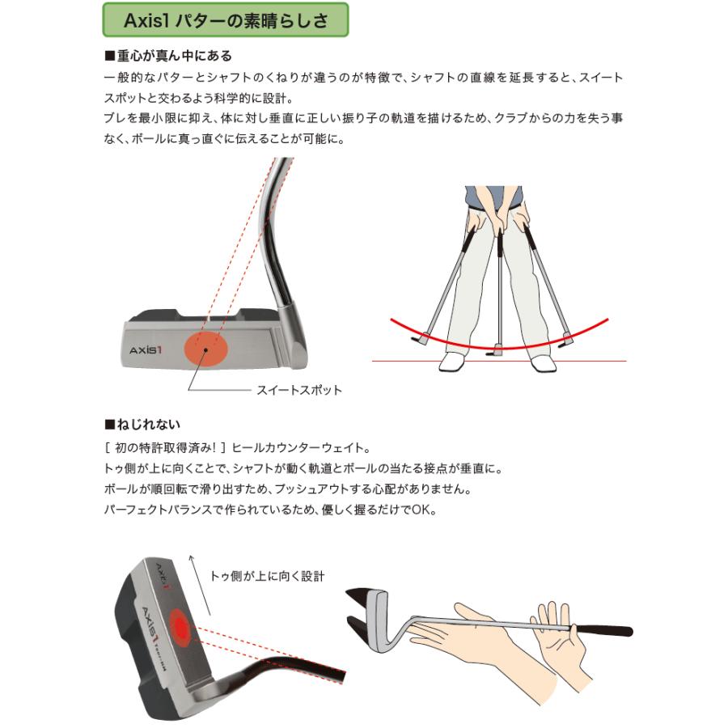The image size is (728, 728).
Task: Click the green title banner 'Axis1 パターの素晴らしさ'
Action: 226,20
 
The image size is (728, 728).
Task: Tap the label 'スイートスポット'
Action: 299,390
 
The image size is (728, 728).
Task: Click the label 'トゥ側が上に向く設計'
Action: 267,576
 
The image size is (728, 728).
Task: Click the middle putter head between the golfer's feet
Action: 496,351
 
